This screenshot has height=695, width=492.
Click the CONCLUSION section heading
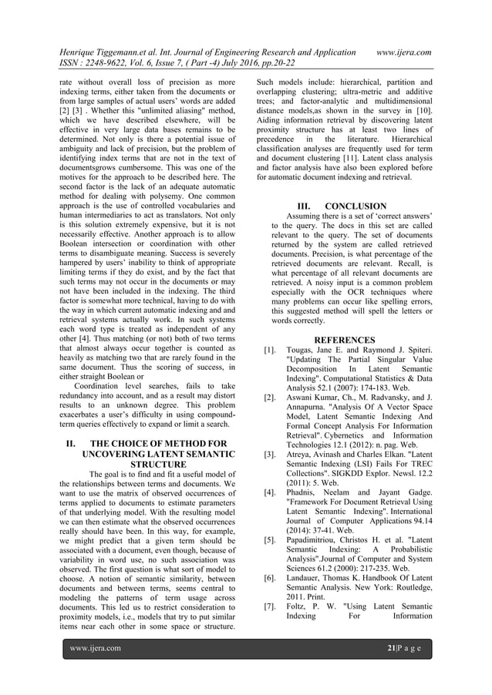point(356,206)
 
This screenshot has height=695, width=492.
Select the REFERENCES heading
point(344,340)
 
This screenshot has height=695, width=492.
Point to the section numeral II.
point(69,444)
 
